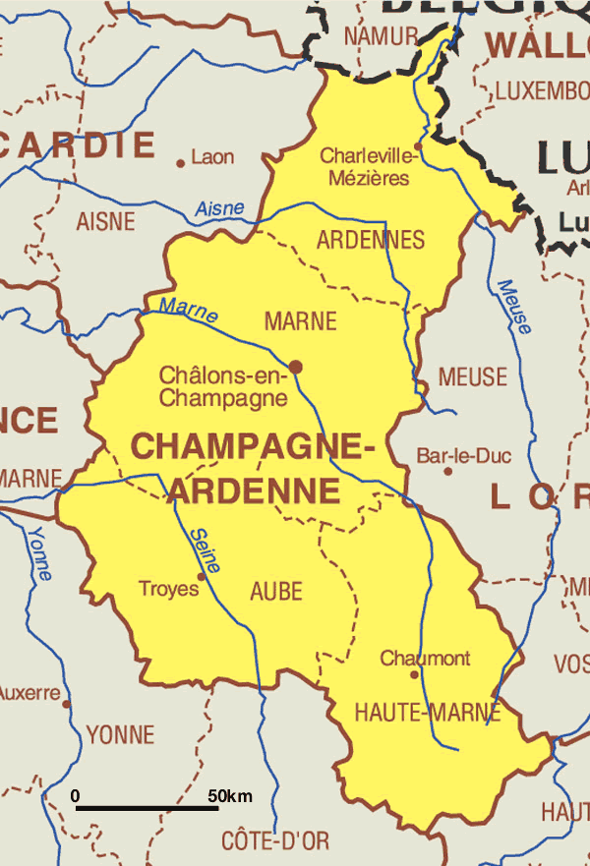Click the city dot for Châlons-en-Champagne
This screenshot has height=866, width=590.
(295, 367)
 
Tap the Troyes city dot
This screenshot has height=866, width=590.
(202, 577)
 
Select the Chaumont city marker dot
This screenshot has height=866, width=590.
(414, 674)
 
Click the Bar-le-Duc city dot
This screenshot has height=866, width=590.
(448, 471)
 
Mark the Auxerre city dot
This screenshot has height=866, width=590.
(66, 704)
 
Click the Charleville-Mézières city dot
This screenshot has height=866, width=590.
(417, 146)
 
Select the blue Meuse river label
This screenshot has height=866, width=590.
(514, 307)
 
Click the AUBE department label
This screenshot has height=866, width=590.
(276, 592)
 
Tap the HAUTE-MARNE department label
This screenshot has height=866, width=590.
(427, 711)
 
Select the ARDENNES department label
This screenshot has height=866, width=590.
(371, 240)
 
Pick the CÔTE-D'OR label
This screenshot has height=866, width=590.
(275, 841)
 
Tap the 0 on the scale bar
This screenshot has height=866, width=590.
(76, 795)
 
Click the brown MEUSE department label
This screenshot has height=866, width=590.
(473, 376)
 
